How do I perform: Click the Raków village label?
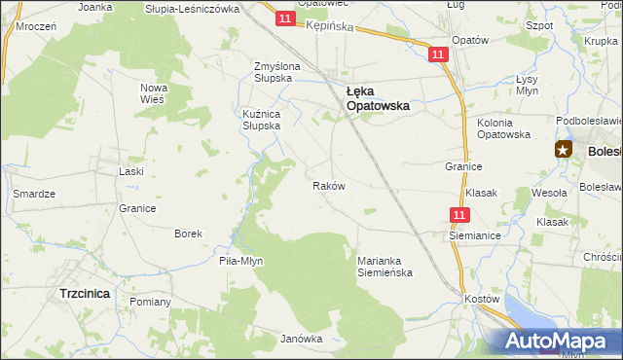328,185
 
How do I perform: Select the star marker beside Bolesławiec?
564,149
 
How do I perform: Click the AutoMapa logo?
559,342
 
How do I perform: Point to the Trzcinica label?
84,292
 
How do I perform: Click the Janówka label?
301,339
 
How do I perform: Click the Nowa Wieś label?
155,92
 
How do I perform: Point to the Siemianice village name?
474,235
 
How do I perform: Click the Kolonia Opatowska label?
503,128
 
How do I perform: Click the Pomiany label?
150,302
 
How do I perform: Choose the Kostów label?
482,298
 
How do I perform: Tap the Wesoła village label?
550,193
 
